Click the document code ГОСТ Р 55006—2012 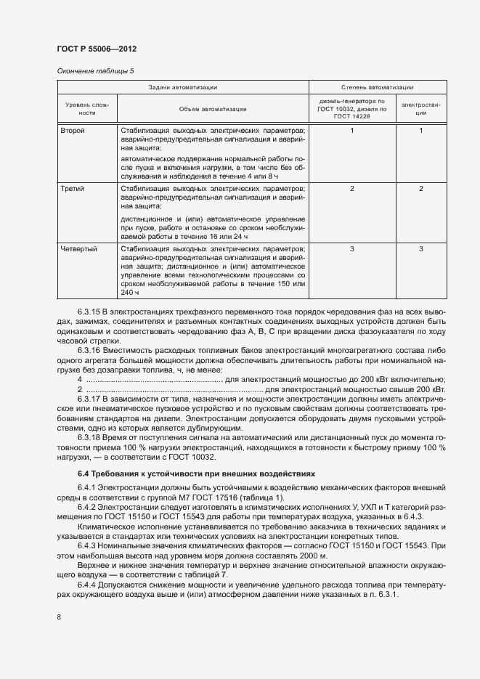pyautogui.click(x=97, y=49)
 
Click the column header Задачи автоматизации pyautogui.click(x=182, y=87)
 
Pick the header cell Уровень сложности pyautogui.click(x=87, y=109)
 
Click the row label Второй pyautogui.click(x=73, y=131)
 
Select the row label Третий pyautogui.click(x=73, y=189)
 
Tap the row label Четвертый pyautogui.click(x=79, y=249)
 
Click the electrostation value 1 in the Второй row pyautogui.click(x=420, y=131)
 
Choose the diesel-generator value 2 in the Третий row pyautogui.click(x=351, y=189)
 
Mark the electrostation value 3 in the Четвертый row pyautogui.click(x=420, y=249)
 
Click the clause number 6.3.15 pyautogui.click(x=91, y=312)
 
